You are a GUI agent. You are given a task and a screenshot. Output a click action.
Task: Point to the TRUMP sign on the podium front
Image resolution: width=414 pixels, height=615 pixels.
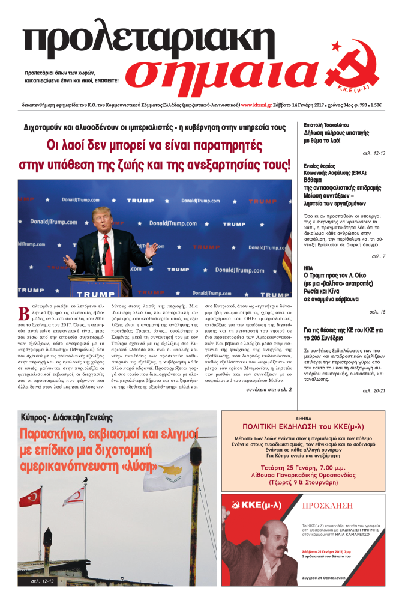click(x=92, y=294)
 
